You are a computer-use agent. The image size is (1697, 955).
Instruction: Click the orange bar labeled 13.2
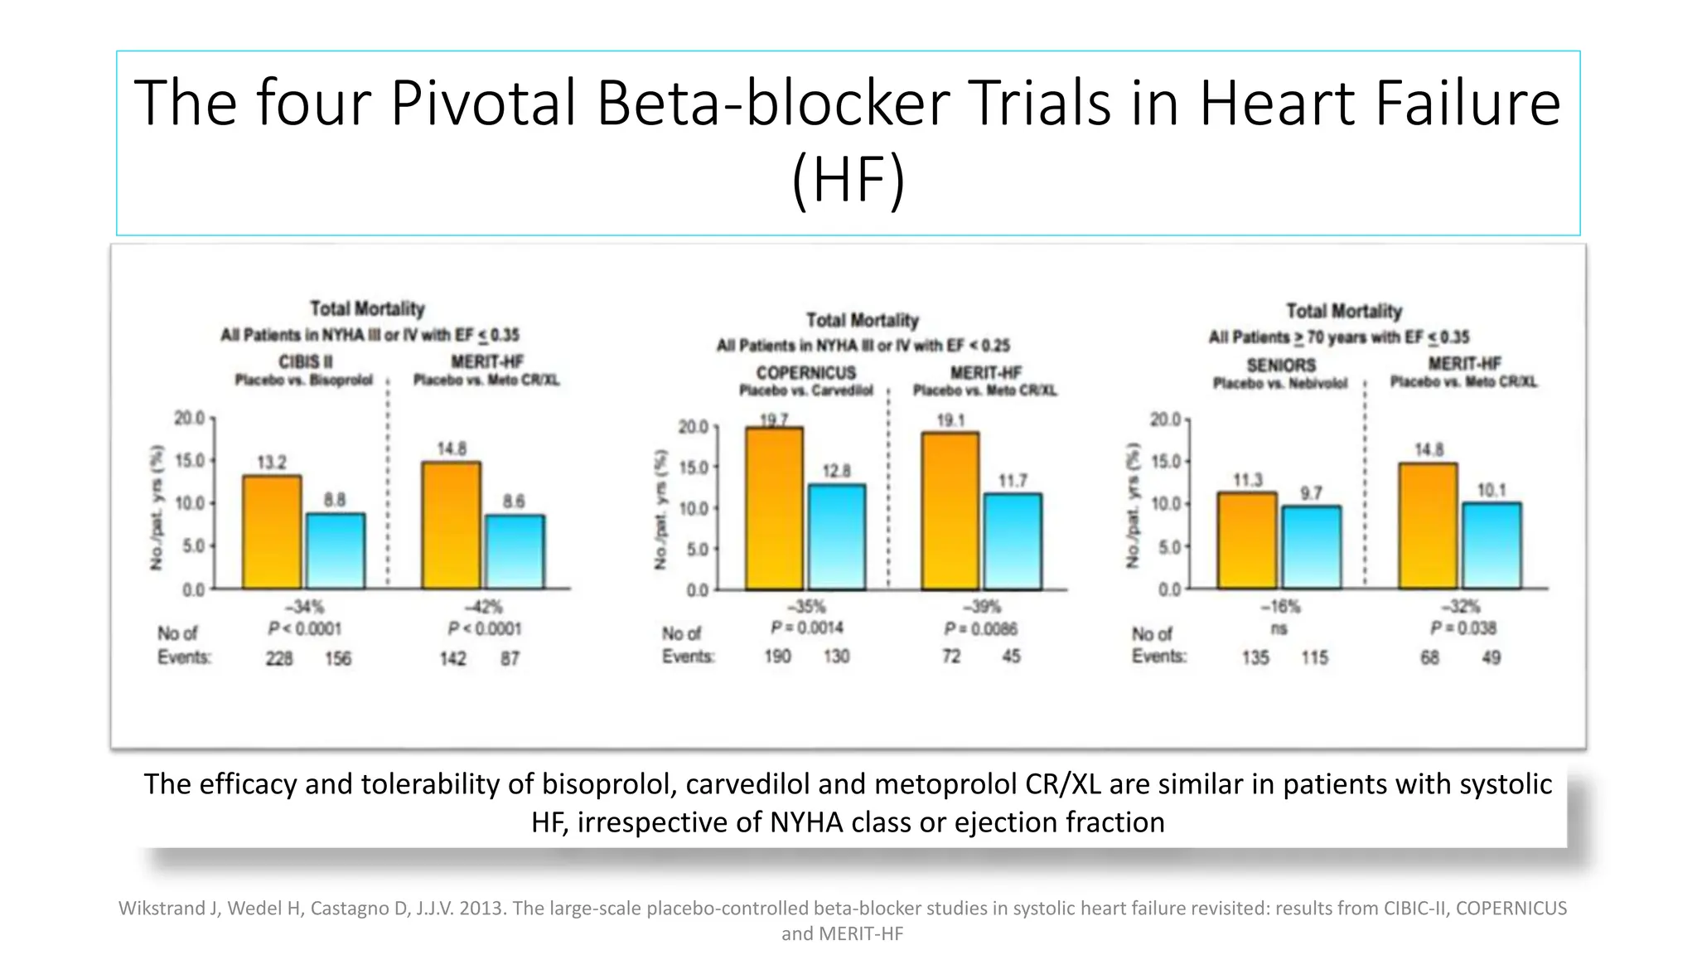click(272, 532)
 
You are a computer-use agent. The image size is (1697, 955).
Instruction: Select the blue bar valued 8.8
click(336, 551)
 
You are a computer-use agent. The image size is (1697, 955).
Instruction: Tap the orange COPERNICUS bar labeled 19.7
click(774, 508)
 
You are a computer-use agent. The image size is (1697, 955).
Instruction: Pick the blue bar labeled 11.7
click(1013, 541)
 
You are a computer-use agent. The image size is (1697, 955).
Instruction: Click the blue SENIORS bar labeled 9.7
click(1311, 547)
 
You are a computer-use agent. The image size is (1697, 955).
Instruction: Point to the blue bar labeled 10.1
click(1492, 545)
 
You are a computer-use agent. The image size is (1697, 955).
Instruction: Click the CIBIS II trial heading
click(305, 362)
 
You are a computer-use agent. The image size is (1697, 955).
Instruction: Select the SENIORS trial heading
click(1281, 365)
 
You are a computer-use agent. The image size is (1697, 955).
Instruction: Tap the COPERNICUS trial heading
click(805, 373)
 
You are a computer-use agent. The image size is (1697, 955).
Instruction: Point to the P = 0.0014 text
click(807, 628)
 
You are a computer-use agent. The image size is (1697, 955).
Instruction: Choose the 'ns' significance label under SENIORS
click(1279, 628)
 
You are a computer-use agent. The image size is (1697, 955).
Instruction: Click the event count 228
click(279, 658)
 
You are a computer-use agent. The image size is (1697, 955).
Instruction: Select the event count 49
click(1491, 657)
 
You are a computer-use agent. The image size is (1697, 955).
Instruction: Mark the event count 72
click(951, 656)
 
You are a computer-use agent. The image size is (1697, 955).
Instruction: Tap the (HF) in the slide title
click(848, 179)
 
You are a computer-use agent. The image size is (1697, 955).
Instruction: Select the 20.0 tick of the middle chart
click(694, 427)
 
